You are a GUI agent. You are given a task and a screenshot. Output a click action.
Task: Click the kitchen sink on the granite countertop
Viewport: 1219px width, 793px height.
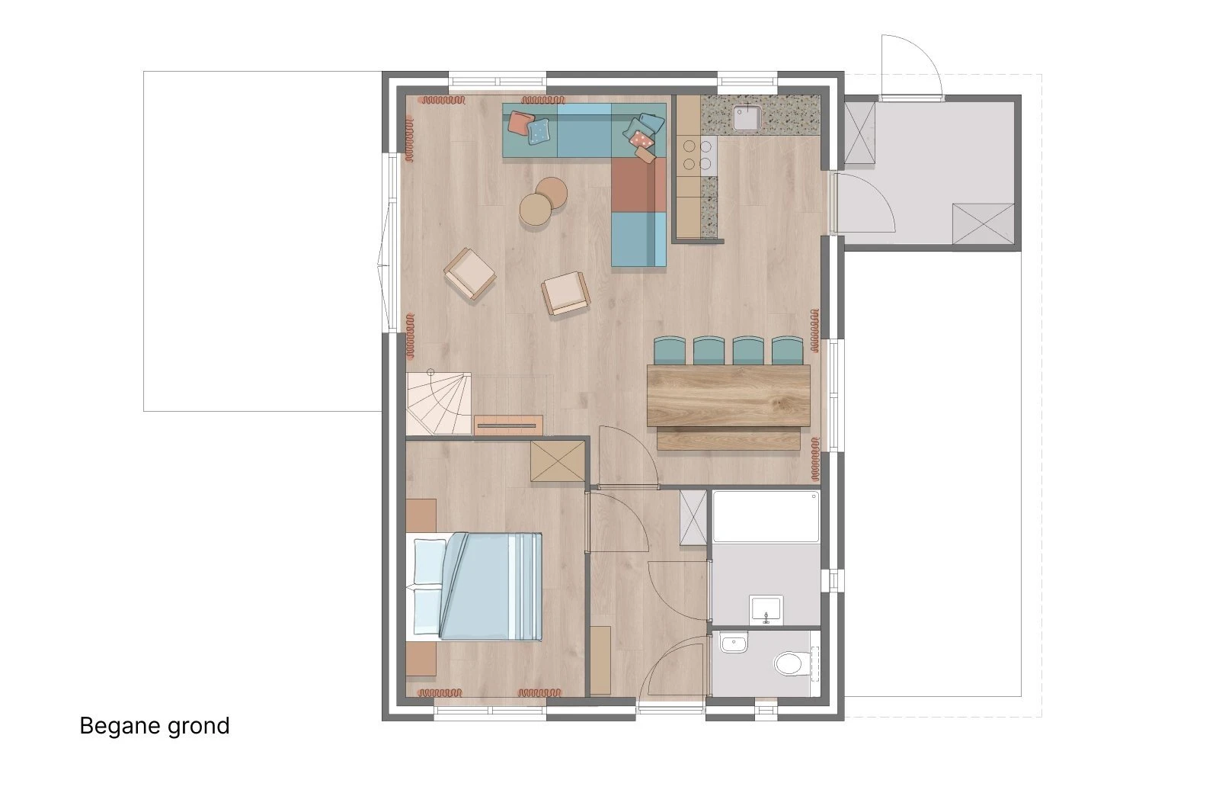(747, 117)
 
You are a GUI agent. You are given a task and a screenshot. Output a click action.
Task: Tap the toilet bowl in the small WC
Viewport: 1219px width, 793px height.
(788, 664)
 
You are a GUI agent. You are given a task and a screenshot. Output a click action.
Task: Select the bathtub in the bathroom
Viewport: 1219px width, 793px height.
(766, 517)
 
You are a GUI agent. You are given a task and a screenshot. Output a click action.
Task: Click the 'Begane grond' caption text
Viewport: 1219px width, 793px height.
(155, 727)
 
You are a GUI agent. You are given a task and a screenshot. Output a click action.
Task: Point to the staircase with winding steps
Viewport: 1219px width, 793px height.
(439, 403)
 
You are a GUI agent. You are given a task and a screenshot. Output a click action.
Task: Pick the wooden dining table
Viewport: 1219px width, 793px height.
(728, 396)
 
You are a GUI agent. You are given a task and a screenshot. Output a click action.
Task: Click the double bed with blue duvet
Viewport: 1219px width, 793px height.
(474, 586)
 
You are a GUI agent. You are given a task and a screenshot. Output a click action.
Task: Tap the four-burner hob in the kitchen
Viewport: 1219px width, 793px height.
(698, 155)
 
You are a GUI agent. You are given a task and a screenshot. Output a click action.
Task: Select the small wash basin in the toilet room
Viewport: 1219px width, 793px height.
(734, 644)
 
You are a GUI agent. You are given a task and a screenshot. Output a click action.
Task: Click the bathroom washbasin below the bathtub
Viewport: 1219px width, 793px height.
(766, 610)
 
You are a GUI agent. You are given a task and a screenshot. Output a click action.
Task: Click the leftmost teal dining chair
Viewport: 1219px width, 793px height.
(670, 351)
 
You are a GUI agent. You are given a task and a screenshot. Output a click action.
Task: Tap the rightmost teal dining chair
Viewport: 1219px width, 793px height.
(788, 351)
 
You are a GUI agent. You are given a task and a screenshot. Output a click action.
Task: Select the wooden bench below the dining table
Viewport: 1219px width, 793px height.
(728, 439)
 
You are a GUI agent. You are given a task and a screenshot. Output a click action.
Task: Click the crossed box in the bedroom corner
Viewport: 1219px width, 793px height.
(558, 461)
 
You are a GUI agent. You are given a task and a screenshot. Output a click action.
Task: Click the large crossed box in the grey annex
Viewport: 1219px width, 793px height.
(984, 224)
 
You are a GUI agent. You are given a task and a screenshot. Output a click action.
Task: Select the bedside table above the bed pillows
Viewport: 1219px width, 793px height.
(421, 515)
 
